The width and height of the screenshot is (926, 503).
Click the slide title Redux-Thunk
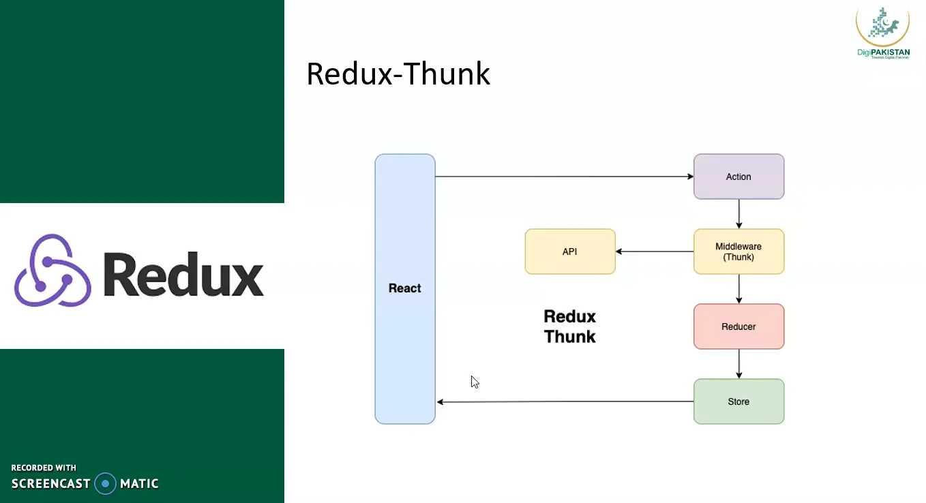398,74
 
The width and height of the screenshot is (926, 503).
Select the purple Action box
738,177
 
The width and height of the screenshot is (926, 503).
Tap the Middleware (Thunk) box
738,251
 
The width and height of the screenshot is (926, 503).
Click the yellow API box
569,251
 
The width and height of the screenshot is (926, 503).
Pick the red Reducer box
738,326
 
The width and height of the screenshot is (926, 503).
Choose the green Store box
738,401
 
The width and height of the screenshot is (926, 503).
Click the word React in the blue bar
404,288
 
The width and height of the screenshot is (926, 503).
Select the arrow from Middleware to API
655,251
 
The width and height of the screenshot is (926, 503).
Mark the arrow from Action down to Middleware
738,214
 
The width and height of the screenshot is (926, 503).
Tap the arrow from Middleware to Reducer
738,289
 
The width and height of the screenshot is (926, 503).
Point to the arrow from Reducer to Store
738,364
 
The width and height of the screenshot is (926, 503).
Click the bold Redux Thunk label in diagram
569,326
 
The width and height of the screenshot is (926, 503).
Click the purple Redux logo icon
53,271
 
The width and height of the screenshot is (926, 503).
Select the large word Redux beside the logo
183,274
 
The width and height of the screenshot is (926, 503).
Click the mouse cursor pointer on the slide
474,381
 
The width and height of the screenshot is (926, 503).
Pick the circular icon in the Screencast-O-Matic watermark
105,483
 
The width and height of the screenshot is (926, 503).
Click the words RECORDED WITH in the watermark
44,468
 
